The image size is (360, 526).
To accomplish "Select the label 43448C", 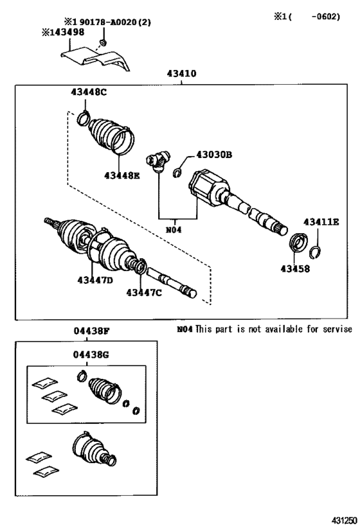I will point(89,92).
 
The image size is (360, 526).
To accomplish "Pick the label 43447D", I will point(95,280).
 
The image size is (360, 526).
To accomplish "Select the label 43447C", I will point(143,293).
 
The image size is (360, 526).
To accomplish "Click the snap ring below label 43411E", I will point(316,250).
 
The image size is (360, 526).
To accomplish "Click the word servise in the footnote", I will point(334,329).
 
